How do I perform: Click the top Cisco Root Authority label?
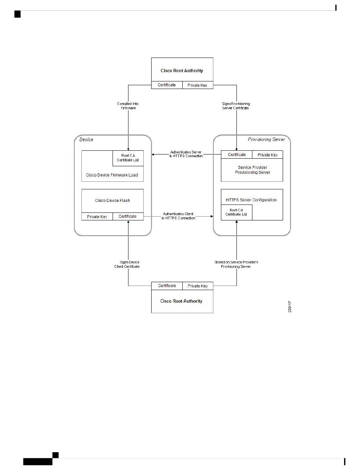click(182, 71)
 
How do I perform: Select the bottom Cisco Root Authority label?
click(181, 301)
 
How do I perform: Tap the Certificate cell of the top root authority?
click(167, 85)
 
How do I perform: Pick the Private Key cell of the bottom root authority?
click(198, 286)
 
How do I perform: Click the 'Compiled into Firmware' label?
click(128, 106)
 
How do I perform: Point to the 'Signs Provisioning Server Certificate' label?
click(236, 106)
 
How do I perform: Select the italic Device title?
click(86, 139)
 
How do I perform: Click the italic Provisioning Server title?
click(266, 139)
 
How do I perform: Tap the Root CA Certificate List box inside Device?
click(128, 158)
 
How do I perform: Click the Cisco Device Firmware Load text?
click(112, 175)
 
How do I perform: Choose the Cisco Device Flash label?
click(113, 200)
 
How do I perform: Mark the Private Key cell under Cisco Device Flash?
click(97, 217)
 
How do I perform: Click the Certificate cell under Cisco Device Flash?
click(128, 217)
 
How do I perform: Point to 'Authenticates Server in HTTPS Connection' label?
click(186, 154)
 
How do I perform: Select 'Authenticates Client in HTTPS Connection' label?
click(178, 216)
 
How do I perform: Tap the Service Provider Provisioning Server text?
click(252, 170)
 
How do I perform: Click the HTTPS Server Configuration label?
click(251, 200)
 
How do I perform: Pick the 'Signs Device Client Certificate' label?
click(127, 264)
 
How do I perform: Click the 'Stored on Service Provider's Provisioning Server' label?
click(236, 264)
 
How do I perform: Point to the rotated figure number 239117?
click(290, 307)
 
